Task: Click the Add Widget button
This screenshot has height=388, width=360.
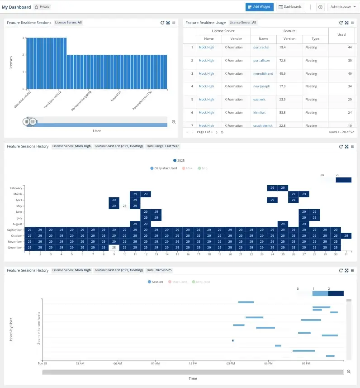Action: (259, 7)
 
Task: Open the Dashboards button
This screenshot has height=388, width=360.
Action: (291, 7)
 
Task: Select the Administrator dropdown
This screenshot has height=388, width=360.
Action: (342, 7)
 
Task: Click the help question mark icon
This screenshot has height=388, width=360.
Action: (320, 7)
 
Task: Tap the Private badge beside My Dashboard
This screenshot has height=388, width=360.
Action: (43, 7)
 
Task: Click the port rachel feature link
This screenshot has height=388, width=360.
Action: (261, 47)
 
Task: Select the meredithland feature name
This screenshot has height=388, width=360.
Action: (263, 73)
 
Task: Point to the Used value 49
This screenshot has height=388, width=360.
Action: (349, 73)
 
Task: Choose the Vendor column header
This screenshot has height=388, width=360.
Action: (236, 39)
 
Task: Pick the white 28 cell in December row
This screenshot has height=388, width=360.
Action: (114, 247)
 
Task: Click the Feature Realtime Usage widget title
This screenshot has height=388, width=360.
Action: (205, 22)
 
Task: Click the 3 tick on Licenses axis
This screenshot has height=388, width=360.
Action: (23, 38)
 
